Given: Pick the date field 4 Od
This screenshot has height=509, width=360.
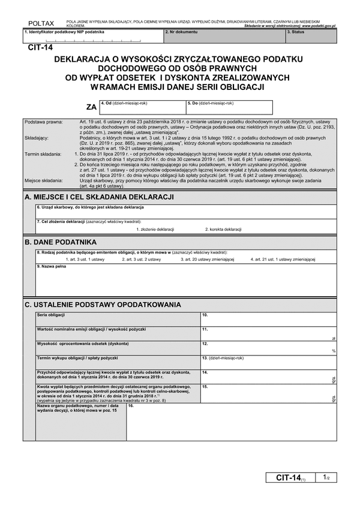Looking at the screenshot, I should pyautogui.click(x=143, y=108).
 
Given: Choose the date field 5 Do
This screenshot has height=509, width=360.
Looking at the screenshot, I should pyautogui.click(x=229, y=108).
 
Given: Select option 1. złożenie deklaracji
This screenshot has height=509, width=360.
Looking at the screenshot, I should pyautogui.click(x=155, y=230).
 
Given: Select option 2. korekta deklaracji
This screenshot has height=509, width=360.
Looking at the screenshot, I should pyautogui.click(x=223, y=230).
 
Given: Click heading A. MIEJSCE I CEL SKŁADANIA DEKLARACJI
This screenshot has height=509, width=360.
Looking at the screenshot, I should pyautogui.click(x=99, y=197).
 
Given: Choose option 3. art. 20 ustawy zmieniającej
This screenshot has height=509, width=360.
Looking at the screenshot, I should pyautogui.click(x=207, y=260).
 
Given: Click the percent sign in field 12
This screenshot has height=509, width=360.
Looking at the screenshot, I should pyautogui.click(x=333, y=351).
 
